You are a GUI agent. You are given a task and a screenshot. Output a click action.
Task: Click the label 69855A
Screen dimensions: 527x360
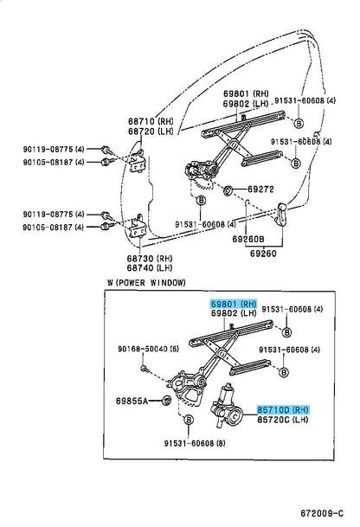coord(132,401)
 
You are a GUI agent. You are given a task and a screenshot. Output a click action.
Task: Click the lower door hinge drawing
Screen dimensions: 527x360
coord(137,229)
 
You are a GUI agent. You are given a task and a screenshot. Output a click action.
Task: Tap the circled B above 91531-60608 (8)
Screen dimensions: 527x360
coord(188,421)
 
